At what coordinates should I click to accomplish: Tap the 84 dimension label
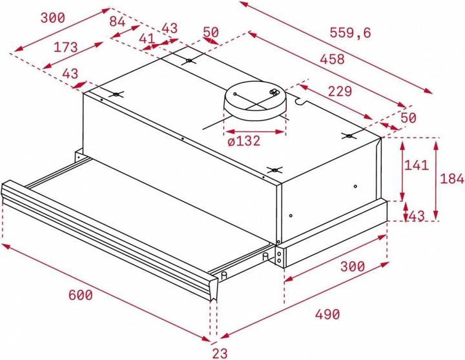[x=117, y=21]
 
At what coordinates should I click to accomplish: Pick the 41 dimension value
[x=147, y=38]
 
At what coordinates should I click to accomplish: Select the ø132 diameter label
[x=243, y=141]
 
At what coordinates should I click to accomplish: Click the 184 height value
[x=451, y=179]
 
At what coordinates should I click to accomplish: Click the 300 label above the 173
[x=52, y=19]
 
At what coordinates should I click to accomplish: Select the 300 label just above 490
[x=352, y=266]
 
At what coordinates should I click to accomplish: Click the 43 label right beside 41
[x=169, y=29]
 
